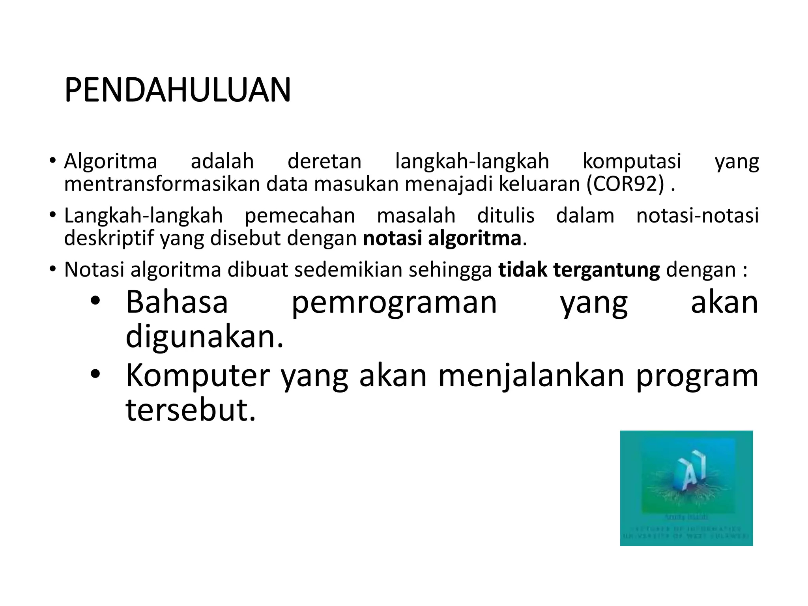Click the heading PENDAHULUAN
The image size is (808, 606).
tap(178, 90)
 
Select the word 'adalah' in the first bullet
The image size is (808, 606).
tap(222, 161)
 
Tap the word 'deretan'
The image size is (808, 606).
tap(324, 161)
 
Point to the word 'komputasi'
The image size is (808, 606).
tap(632, 161)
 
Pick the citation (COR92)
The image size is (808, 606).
tap(625, 184)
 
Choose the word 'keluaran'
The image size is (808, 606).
tap(539, 184)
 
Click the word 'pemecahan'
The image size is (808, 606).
tap(300, 216)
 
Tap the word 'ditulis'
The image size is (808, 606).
tap(506, 216)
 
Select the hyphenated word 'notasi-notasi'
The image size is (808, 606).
tap(698, 216)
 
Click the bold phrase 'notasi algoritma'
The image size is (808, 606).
tap(442, 238)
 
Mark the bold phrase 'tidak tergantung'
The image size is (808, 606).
tap(579, 270)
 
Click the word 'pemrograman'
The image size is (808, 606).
tap(394, 303)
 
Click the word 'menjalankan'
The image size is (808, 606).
tap(531, 376)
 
